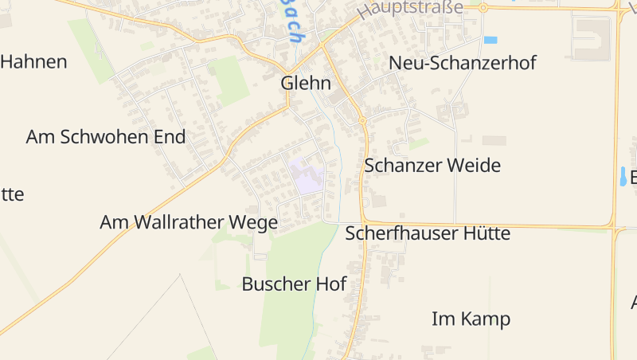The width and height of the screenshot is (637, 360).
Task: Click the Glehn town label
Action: tap(306, 84)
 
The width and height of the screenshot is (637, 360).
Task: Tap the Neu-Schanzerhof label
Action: tap(462, 64)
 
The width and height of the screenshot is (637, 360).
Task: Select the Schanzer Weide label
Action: tap(432, 166)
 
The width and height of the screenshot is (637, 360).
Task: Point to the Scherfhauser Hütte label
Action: tap(427, 234)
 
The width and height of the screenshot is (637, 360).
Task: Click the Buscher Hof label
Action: tap(294, 284)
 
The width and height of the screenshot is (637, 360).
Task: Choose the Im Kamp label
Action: tap(471, 319)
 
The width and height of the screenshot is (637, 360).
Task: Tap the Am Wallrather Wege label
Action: tap(189, 223)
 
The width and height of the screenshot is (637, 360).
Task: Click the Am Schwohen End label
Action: tap(105, 137)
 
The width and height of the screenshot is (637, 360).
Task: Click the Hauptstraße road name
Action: tap(410, 10)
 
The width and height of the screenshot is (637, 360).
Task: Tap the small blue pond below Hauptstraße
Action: tap(490, 40)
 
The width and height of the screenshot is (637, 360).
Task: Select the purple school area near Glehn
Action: tap(306, 176)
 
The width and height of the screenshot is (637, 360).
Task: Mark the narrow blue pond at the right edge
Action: tap(622, 176)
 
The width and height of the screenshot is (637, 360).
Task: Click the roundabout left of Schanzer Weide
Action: tap(362, 120)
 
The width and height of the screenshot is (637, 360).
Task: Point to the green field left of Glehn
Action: tap(232, 80)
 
